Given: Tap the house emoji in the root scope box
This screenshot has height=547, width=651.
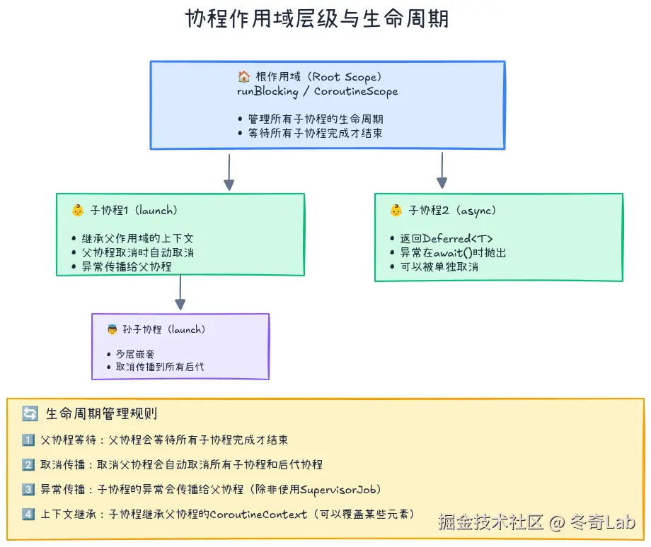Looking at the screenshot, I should click(x=244, y=77).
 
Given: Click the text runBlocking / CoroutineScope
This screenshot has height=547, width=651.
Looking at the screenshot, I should click(x=317, y=91).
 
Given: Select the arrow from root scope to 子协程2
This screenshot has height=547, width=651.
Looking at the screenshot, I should click(x=442, y=170).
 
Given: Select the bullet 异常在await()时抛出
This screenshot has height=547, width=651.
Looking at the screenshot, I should click(x=453, y=252).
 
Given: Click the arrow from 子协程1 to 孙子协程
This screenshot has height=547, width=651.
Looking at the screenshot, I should click(x=180, y=293).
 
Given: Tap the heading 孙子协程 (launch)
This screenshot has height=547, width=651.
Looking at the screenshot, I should click(x=163, y=329).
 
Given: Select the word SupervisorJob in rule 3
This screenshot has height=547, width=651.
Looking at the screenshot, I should click(x=336, y=489).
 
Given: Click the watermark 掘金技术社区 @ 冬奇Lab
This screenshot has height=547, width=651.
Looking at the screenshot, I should click(x=536, y=522).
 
